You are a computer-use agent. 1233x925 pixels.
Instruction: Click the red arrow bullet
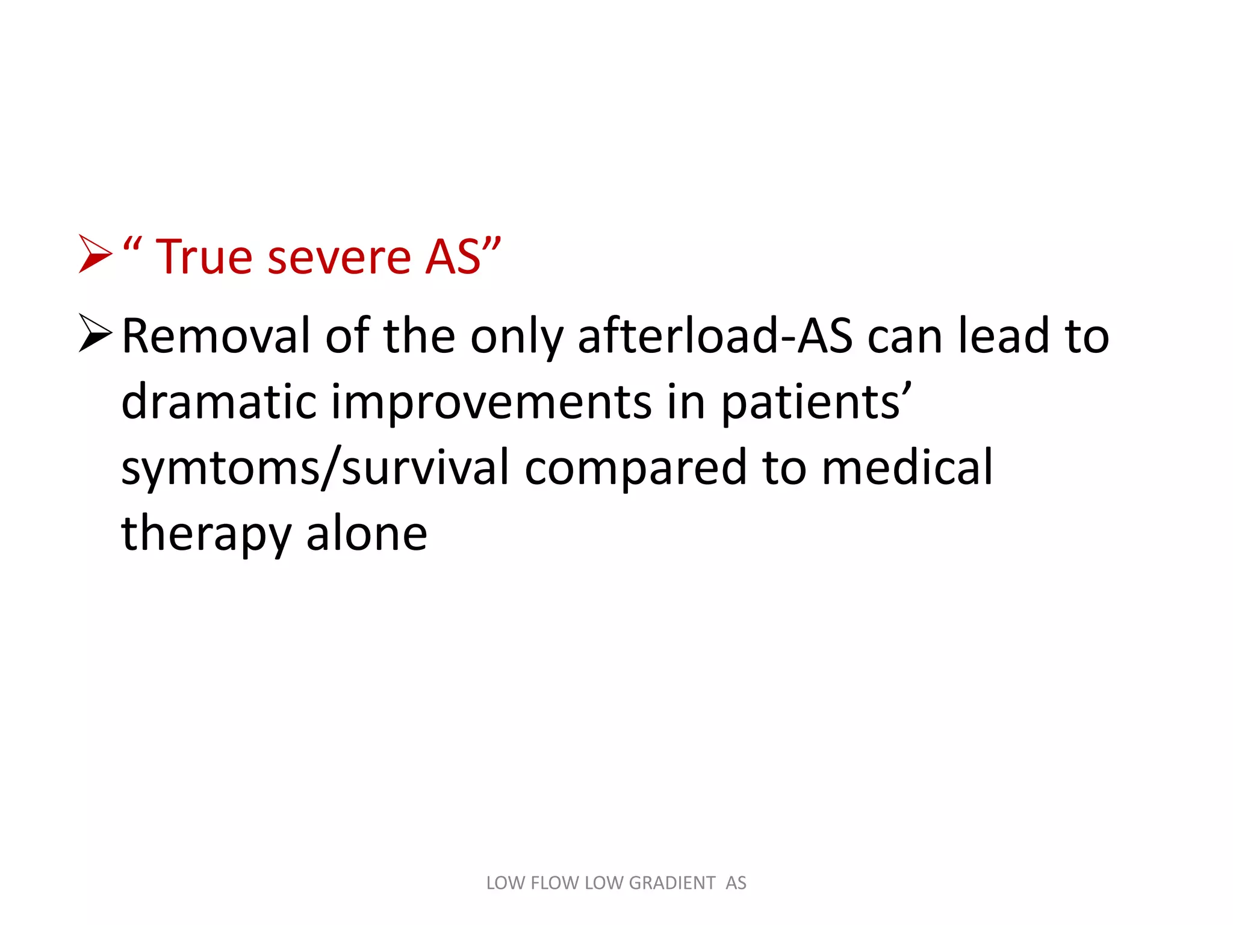(95, 255)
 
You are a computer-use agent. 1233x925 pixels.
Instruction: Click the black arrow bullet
(95, 333)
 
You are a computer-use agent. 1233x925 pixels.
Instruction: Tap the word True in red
(204, 257)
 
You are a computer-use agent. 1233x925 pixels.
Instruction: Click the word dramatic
(219, 402)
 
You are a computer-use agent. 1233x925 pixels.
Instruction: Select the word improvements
(491, 402)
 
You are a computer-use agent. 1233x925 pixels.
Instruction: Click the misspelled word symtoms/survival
(315, 469)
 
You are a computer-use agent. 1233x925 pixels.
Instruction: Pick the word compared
(635, 469)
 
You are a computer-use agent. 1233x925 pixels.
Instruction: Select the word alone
(367, 534)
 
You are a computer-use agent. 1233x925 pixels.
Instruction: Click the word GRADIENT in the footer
(672, 883)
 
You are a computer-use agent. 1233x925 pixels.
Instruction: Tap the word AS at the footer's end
(736, 883)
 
